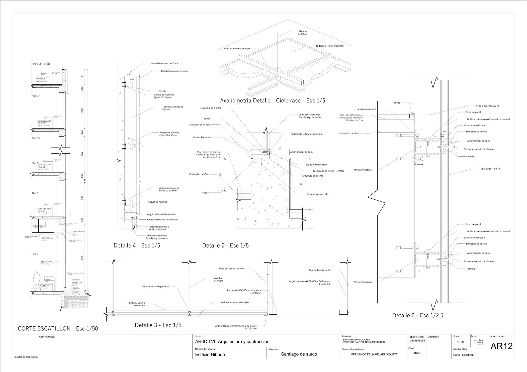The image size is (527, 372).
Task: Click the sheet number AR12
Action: click(501, 346)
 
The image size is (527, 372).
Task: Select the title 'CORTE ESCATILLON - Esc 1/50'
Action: click(58, 329)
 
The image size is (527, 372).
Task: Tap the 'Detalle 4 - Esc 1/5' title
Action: click(137, 245)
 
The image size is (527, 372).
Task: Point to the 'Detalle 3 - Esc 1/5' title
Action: click(158, 325)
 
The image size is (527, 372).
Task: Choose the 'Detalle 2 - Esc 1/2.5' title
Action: click(418, 315)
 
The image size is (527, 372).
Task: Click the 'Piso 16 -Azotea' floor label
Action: click(42, 64)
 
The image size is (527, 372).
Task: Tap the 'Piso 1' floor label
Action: click(35, 254)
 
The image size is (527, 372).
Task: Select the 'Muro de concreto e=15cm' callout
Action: click(165, 63)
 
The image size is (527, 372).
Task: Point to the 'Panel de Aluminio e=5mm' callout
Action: click(174, 71)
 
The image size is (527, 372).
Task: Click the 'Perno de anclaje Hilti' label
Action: click(317, 194)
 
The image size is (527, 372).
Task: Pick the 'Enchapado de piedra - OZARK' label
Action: click(328, 171)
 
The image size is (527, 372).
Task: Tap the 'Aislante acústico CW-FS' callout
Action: click(487, 106)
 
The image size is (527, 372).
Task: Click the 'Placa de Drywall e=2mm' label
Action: click(231, 269)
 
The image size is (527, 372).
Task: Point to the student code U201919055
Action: click(417, 341)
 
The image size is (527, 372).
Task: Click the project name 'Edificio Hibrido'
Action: click(210, 355)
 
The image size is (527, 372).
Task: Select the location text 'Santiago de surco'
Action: click(299, 354)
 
